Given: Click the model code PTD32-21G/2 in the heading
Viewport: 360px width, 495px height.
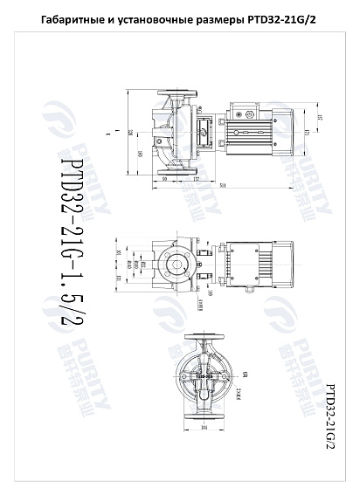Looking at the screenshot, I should tap(282, 19).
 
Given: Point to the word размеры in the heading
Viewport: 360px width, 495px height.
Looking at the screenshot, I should tap(221, 19).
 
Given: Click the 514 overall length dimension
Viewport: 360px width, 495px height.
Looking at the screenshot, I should tap(225, 186).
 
